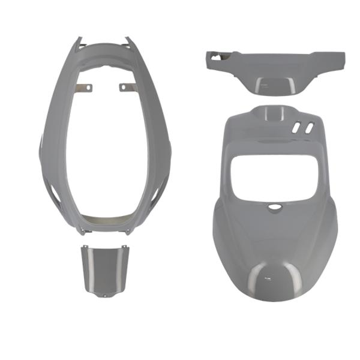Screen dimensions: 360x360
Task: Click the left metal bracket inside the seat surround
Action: [x=86, y=88]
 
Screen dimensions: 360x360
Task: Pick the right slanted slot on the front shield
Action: [x=308, y=127]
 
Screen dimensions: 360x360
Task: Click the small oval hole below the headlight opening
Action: [x=274, y=206]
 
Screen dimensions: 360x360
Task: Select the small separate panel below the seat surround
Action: [x=104, y=270]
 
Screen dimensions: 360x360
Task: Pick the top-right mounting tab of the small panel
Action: [x=124, y=248]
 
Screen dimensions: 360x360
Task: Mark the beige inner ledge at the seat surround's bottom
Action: [x=105, y=221]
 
